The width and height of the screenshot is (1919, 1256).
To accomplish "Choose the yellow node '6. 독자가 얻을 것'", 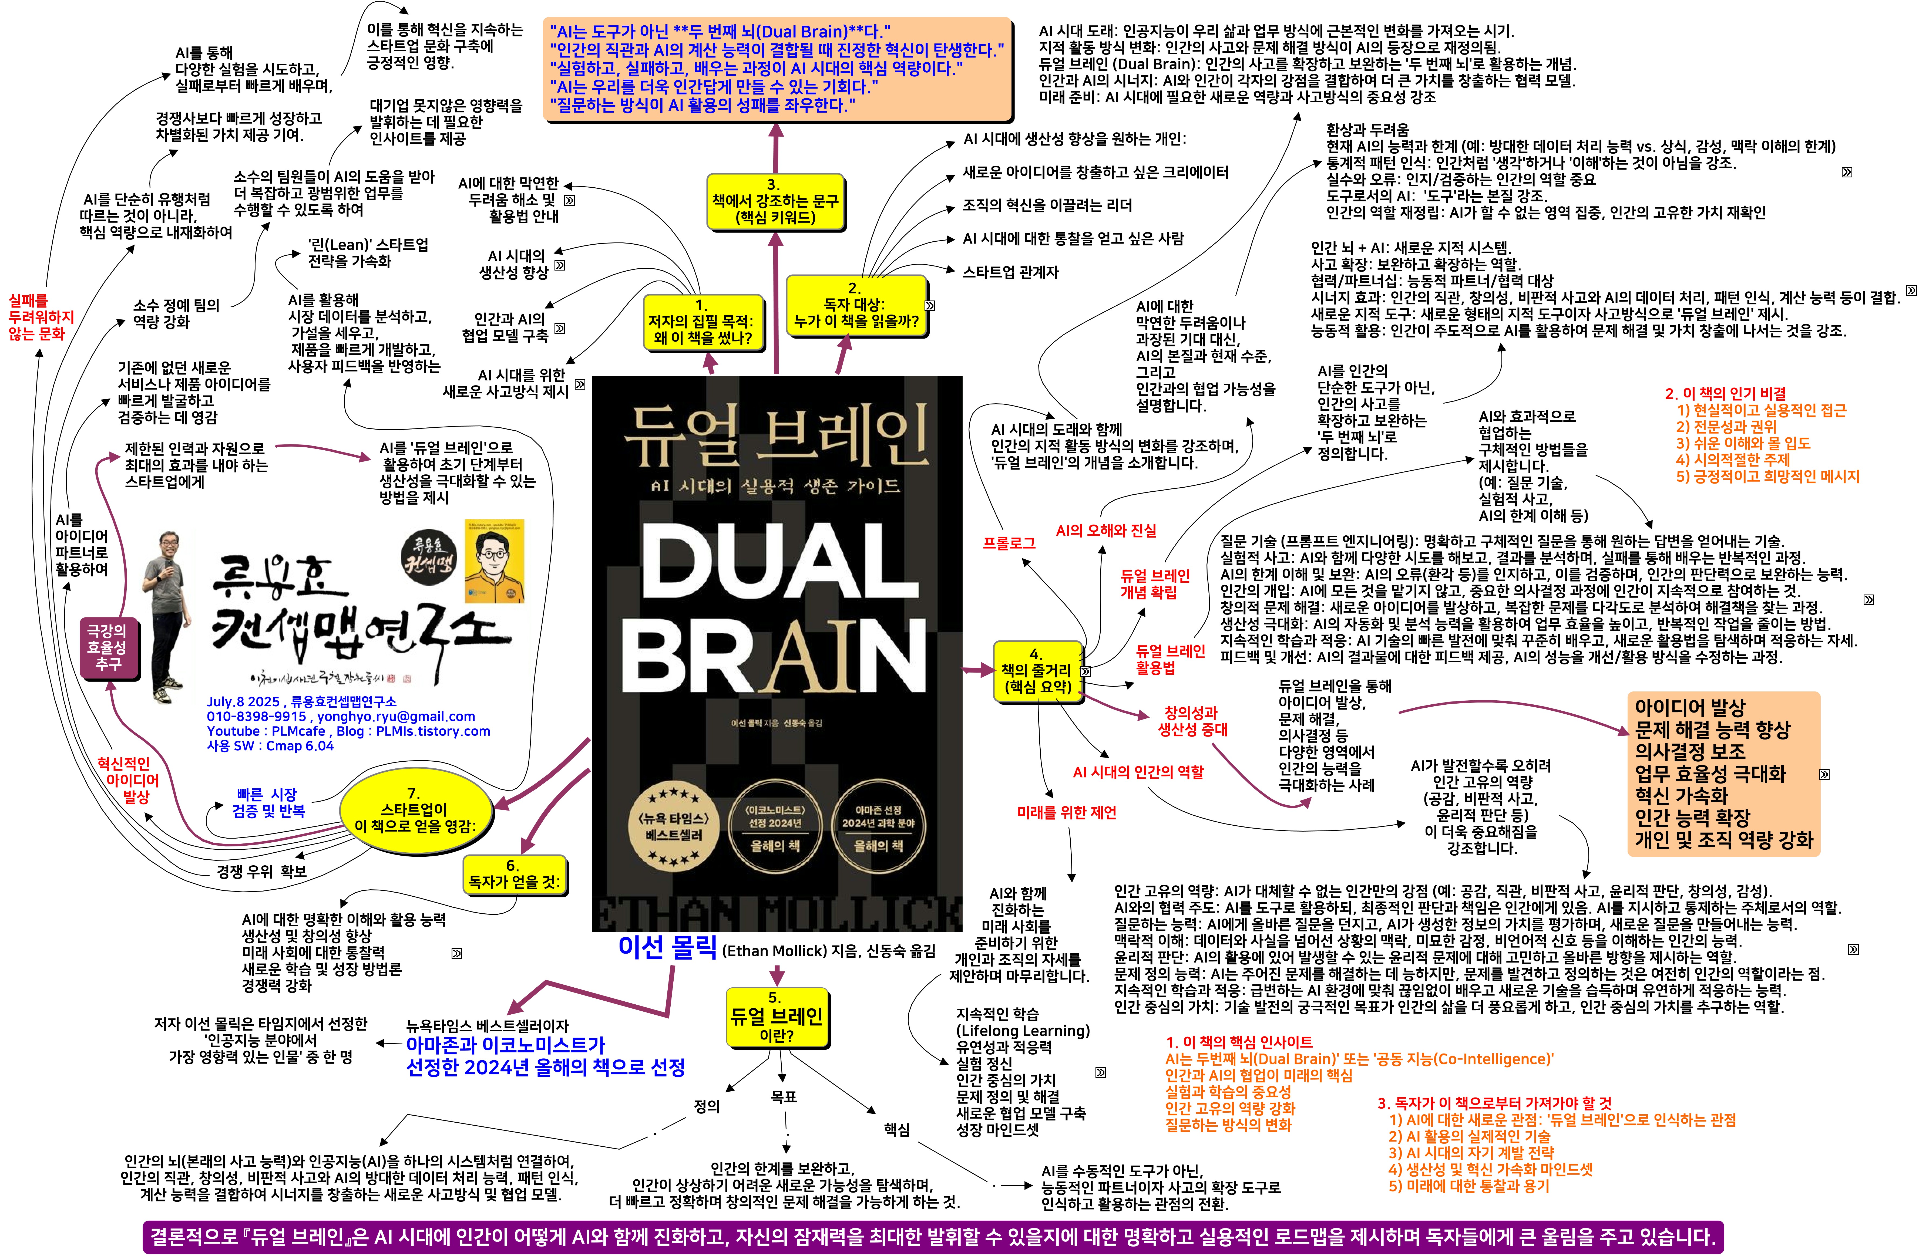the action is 514,874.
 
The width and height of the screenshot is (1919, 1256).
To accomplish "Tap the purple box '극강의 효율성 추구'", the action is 107,647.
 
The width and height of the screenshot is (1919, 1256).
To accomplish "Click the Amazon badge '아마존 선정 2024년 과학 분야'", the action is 878,827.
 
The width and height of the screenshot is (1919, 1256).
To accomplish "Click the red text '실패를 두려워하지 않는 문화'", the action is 40,317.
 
